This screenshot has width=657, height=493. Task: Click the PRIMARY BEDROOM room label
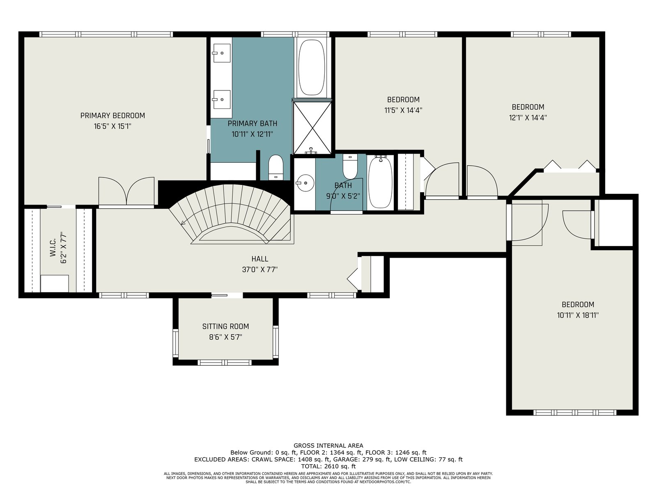113,115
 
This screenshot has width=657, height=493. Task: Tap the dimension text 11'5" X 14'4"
403,111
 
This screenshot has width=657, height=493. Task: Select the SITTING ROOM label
225,326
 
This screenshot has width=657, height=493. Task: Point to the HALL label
260,259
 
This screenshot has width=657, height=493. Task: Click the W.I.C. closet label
53,247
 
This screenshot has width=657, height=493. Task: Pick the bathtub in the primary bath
312,68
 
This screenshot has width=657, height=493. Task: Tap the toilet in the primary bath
276,167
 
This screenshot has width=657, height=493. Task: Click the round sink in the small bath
305,183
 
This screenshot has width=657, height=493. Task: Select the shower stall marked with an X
312,128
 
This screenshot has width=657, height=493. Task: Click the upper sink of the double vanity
221,53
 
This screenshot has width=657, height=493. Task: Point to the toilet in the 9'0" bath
350,166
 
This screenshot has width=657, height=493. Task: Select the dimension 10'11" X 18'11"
578,315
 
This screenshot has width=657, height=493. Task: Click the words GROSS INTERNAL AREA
328,446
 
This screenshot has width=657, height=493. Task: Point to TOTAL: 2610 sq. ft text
328,466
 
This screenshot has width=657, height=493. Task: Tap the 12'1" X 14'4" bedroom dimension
528,117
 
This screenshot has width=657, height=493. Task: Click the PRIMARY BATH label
252,123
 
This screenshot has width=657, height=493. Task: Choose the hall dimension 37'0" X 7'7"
260,270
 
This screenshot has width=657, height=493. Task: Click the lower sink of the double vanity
221,99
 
